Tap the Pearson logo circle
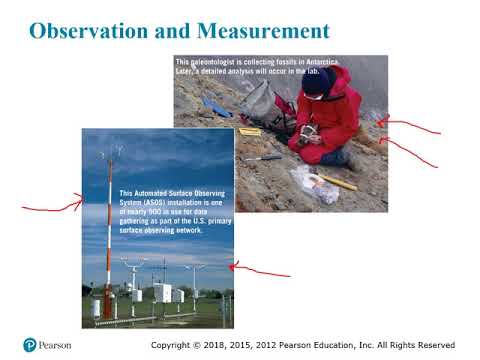[x=30, y=345]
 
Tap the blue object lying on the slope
[x=215, y=105]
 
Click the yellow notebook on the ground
[x=250, y=131]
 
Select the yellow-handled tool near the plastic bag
[x=338, y=182]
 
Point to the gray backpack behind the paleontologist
[x=263, y=100]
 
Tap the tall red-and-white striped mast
[x=109, y=230]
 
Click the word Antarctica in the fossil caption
[x=338, y=61]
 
